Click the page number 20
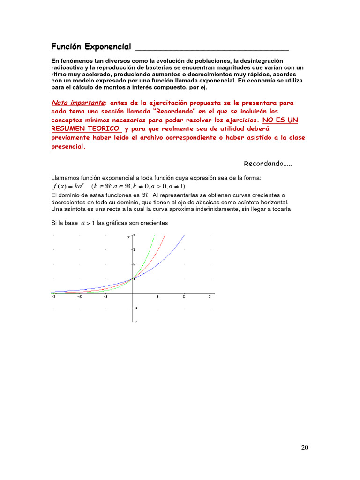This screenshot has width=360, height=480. [305, 447]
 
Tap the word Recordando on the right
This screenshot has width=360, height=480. [264, 164]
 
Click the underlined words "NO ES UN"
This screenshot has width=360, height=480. [280, 120]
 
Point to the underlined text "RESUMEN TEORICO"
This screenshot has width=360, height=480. [85, 128]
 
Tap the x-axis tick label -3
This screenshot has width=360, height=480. [53, 296]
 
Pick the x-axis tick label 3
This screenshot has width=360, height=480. [210, 296]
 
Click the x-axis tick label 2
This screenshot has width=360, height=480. [183, 296]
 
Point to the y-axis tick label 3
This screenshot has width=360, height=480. [134, 249]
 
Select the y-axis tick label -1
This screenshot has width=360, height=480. [135, 308]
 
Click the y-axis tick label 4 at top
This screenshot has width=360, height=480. [135, 234]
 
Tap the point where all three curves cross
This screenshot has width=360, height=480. [132, 279]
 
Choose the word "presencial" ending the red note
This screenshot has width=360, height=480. [68, 146]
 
